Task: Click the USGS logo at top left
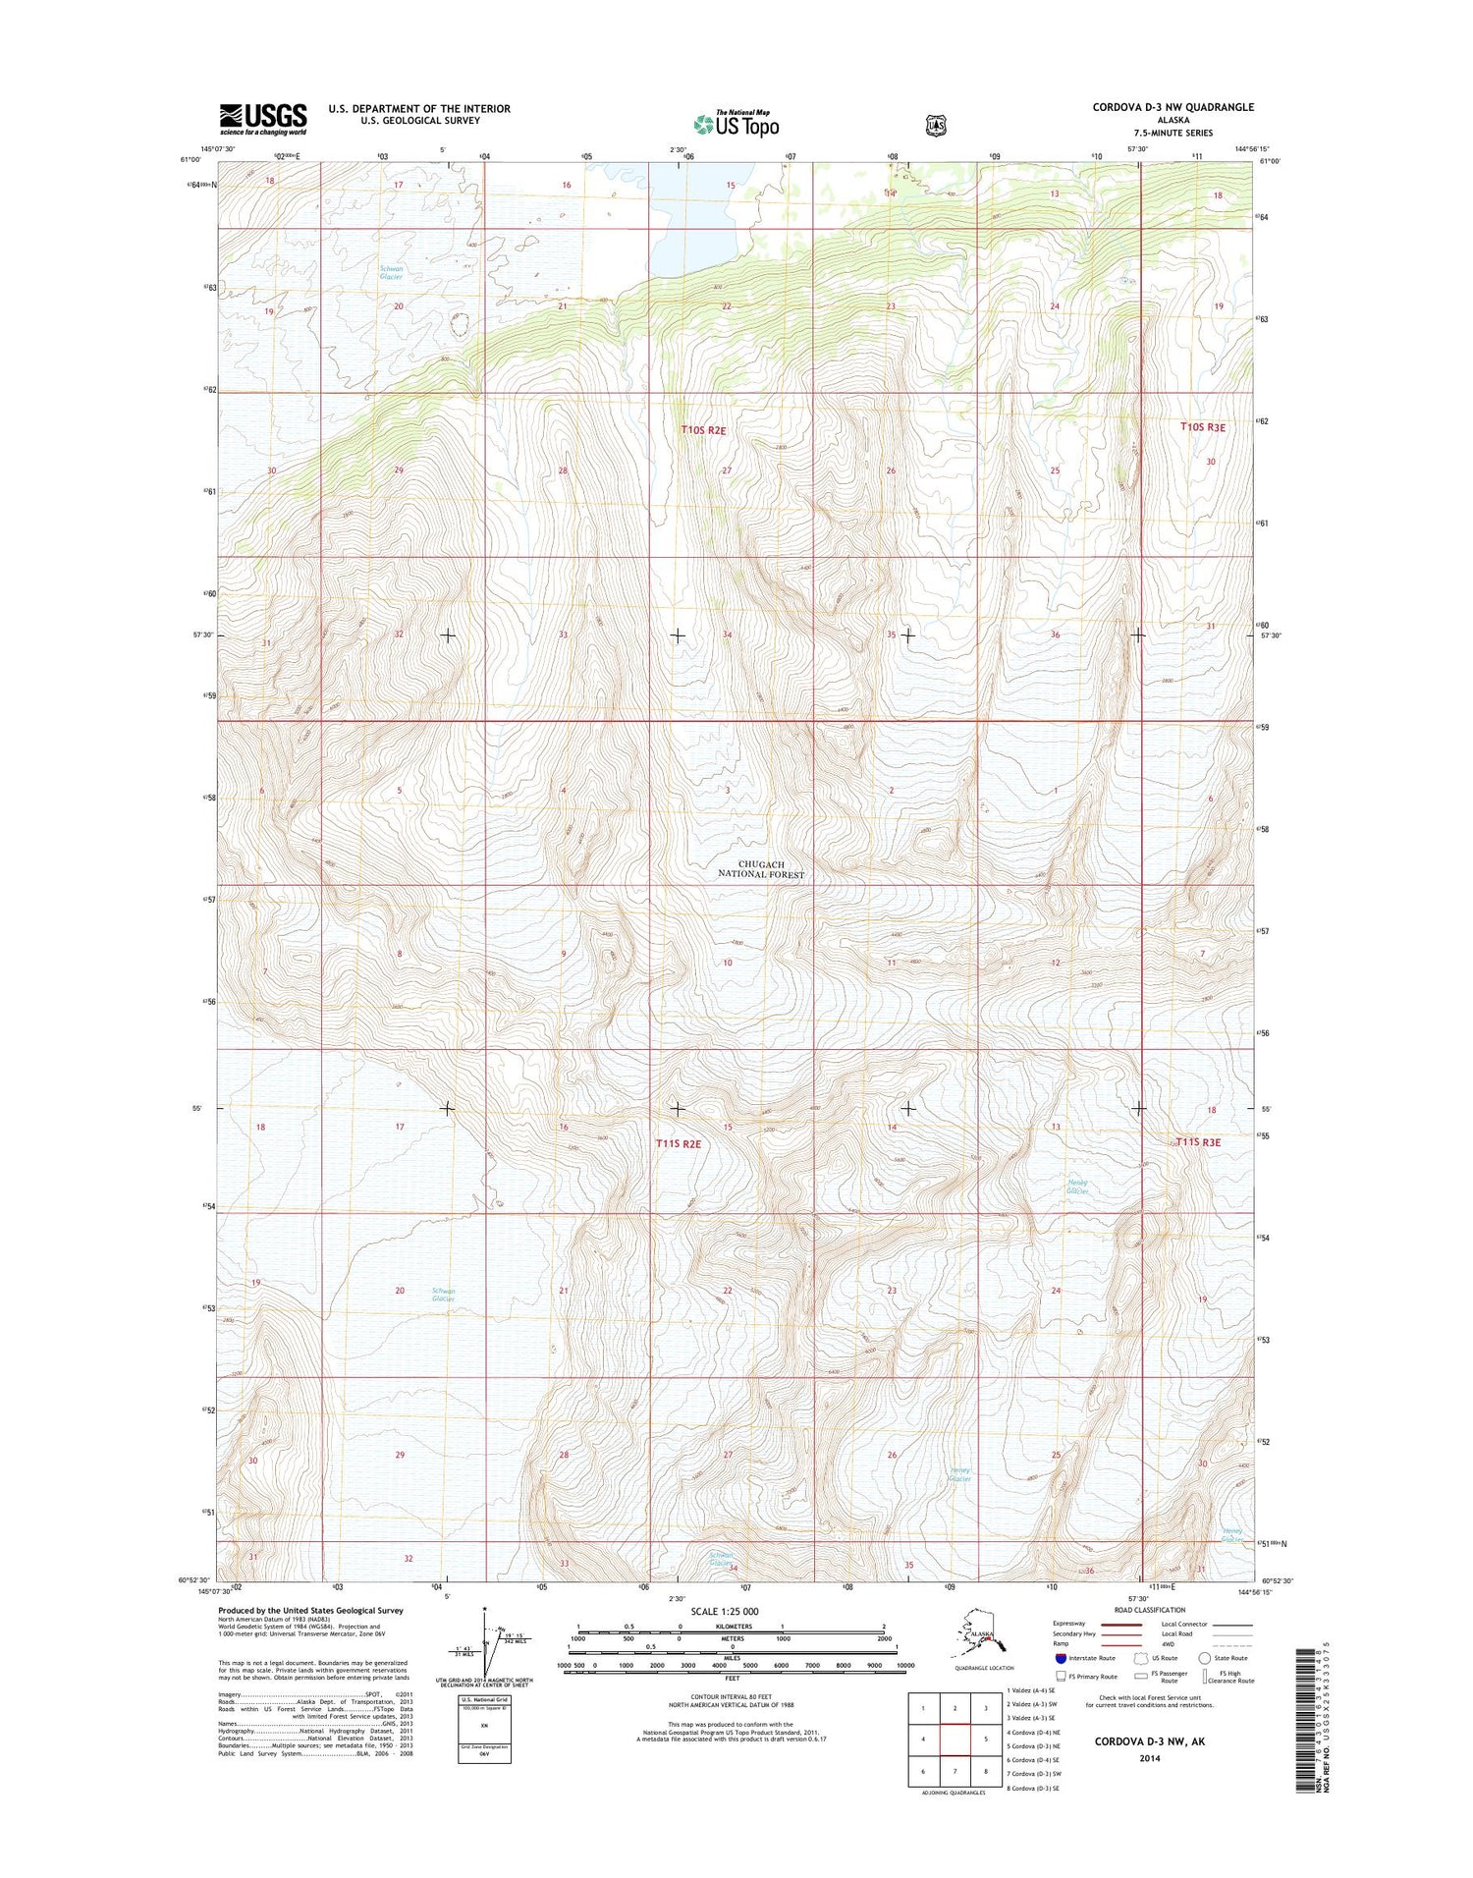point(262,119)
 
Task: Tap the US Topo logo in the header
point(736,124)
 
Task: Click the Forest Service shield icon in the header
point(936,125)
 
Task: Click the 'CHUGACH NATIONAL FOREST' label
point(761,869)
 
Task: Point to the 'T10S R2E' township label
point(704,430)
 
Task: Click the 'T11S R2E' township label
point(679,1143)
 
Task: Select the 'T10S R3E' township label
point(1203,427)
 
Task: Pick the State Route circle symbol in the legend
point(1205,1658)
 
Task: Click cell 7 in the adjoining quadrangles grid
point(955,1771)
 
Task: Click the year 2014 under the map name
point(1150,1758)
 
